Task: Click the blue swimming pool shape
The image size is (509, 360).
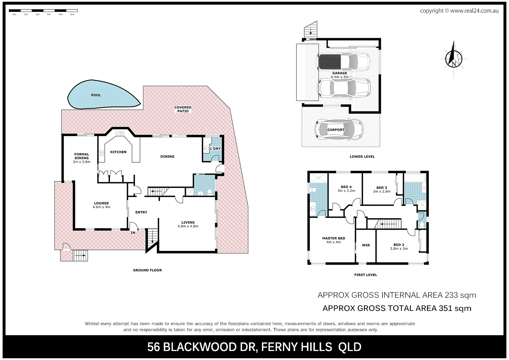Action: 97,95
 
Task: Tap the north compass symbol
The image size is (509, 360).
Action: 454,59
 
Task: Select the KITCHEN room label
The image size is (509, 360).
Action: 118,152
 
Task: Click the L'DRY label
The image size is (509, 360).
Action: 215,149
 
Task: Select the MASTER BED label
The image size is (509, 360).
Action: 333,238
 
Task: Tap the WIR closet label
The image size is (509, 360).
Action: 366,245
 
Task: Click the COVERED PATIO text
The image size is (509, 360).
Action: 183,109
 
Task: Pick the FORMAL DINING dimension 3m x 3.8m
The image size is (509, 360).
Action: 82,162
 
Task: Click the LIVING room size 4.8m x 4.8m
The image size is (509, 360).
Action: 188,226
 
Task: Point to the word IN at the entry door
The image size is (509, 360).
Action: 133,233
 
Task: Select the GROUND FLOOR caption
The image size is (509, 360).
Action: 147,270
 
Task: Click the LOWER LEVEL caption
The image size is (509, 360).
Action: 362,157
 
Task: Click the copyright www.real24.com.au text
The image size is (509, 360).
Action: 459,11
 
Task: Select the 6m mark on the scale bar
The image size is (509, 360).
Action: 72,14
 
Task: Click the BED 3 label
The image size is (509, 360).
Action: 382,188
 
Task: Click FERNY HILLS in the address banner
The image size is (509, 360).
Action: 296,347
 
